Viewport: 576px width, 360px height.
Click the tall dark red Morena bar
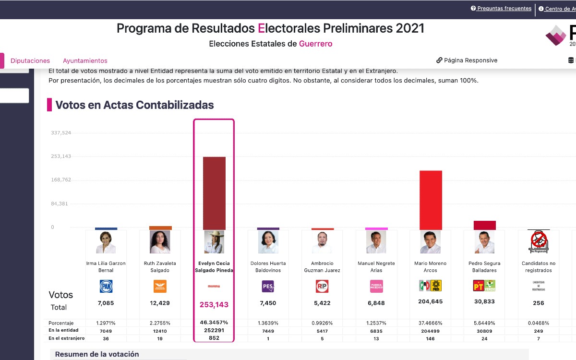click(x=214, y=193)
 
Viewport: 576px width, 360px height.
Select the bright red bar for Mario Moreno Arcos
click(x=431, y=200)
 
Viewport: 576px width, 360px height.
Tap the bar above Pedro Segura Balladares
click(x=484, y=225)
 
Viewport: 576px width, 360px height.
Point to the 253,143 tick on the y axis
click(x=61, y=156)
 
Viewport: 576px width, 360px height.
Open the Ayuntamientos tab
click(x=85, y=61)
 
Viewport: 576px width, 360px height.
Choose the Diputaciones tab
click(x=30, y=61)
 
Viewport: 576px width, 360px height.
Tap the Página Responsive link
click(x=470, y=60)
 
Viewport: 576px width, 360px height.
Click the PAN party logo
click(x=106, y=287)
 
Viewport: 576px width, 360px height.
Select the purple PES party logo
click(x=268, y=287)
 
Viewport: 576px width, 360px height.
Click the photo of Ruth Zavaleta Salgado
click(x=160, y=242)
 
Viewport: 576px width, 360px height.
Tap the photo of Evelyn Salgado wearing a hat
click(x=214, y=242)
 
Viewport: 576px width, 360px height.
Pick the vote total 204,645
click(x=430, y=302)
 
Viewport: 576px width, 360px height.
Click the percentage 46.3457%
click(x=214, y=323)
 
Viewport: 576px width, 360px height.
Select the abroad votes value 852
click(x=214, y=338)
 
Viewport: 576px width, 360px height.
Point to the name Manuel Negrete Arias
click(x=376, y=267)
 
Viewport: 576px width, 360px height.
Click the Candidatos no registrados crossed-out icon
click(x=538, y=241)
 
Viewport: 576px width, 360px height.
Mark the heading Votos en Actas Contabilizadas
click(x=134, y=105)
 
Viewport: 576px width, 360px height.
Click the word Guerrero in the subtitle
click(x=315, y=44)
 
